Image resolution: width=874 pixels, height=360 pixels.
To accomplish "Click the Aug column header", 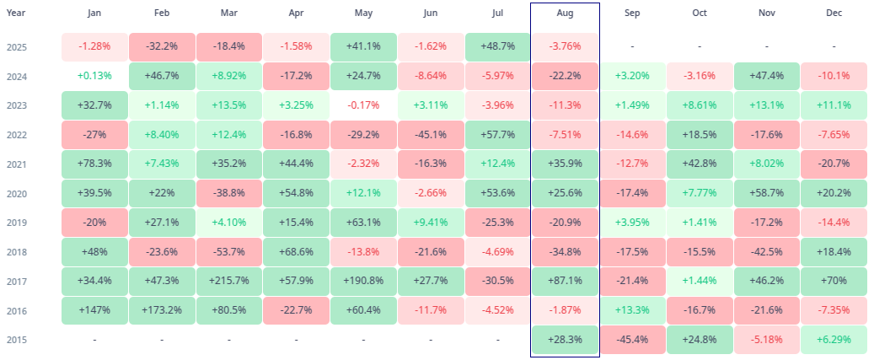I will point(565,13).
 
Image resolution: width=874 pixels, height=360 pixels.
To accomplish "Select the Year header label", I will point(15,13).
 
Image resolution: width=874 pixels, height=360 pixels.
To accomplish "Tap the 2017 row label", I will point(16,281).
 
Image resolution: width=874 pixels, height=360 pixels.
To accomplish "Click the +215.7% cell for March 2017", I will point(228,281).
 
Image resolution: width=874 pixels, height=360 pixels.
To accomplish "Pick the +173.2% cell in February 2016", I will point(162,310).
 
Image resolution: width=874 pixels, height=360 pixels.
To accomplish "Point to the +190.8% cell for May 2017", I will point(363,281).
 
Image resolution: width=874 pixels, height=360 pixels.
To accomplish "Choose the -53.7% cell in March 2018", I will point(228,252).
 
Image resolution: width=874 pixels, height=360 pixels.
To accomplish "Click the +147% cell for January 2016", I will point(94,310).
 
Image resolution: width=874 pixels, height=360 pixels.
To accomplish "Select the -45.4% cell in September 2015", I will point(631,340).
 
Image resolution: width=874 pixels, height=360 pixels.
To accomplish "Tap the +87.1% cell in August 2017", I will point(565,281).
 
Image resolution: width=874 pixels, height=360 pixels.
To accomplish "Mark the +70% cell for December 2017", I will point(833,281).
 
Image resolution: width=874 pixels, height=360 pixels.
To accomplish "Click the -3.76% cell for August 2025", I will point(565,46).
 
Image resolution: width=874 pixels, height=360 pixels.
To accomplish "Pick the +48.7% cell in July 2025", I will point(497,46).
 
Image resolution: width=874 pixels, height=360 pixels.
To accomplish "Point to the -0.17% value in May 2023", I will point(363,105).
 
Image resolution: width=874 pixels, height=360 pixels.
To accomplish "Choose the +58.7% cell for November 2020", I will point(766,193).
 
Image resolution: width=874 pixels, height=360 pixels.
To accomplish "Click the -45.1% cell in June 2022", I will point(431,135).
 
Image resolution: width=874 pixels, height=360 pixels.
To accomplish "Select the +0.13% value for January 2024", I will point(94,76).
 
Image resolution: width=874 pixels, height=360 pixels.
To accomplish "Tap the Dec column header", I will point(833,13).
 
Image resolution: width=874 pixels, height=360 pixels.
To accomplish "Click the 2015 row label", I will point(16,340).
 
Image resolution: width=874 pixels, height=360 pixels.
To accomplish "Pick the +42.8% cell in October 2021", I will point(699,164).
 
